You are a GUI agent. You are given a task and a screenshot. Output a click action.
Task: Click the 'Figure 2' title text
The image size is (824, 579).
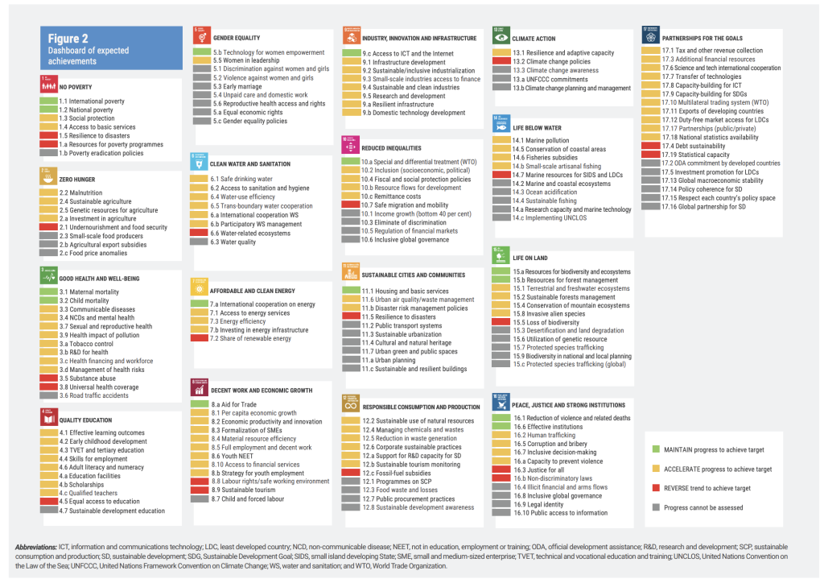68,39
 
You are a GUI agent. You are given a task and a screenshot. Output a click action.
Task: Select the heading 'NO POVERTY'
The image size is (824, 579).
78,86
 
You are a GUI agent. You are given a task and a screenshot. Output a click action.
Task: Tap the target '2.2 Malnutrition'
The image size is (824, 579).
80,193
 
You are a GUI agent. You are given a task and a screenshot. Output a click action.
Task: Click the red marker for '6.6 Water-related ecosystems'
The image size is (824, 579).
199,233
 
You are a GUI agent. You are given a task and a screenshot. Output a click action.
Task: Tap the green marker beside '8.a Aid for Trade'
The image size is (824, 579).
199,403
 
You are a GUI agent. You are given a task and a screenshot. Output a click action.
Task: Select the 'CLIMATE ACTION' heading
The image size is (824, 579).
534,38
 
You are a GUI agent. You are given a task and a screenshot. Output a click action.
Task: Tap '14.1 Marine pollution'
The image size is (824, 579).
541,140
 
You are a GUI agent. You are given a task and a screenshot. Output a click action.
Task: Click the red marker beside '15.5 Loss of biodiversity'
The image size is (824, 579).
501,322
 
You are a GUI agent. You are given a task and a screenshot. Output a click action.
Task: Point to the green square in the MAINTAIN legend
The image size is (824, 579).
657,449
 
